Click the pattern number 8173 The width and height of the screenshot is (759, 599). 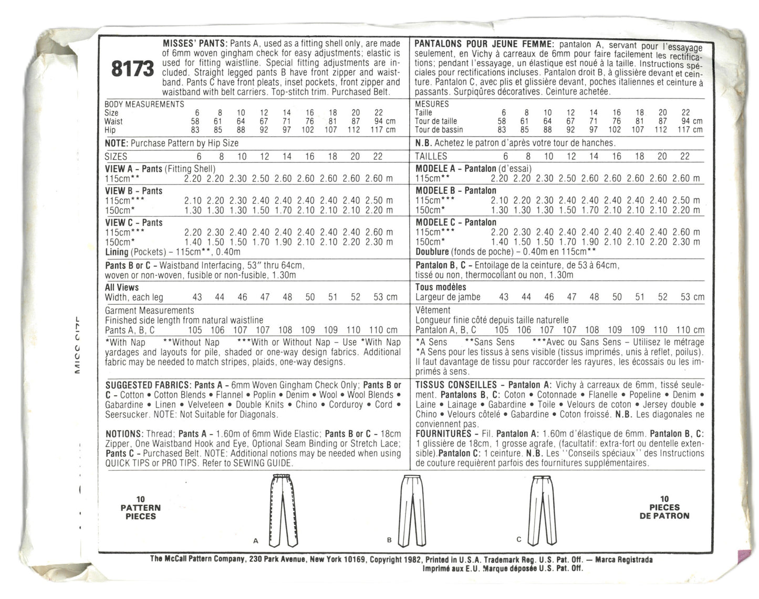(x=132, y=68)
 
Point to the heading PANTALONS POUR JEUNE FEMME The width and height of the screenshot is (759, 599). (x=483, y=44)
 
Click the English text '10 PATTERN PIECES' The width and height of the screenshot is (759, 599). (x=140, y=508)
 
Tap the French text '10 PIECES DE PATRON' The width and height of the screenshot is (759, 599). (x=664, y=508)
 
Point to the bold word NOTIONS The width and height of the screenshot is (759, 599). (x=124, y=434)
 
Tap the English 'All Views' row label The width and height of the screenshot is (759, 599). (x=122, y=287)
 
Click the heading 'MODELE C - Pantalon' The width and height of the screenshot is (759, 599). (x=455, y=222)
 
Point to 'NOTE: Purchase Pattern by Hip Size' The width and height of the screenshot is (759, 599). (x=172, y=143)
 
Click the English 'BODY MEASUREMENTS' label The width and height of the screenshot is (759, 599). (x=144, y=104)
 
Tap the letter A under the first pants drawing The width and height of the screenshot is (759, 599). (x=256, y=540)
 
